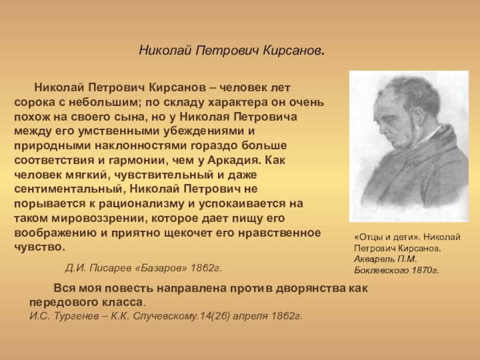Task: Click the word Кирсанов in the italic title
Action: tap(292, 50)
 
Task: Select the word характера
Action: tap(238, 103)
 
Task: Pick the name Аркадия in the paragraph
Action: tap(234, 161)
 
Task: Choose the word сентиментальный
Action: tap(68, 189)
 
